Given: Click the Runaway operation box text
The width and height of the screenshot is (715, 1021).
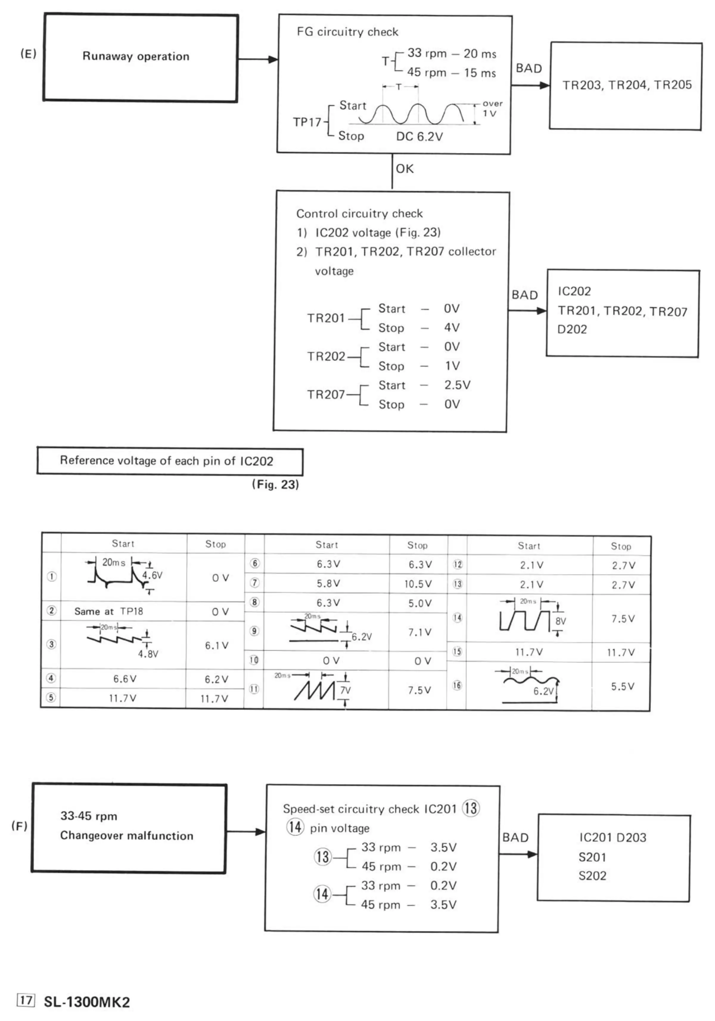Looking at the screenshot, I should (136, 56).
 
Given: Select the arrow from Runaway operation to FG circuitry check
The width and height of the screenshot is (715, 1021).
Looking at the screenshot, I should (258, 59).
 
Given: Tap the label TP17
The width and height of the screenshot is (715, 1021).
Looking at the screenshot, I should (307, 122).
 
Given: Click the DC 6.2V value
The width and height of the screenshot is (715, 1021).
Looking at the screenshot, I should (419, 137).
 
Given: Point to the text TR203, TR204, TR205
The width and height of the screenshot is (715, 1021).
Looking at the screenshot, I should (627, 85).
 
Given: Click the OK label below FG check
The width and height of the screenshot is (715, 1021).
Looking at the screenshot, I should (404, 169).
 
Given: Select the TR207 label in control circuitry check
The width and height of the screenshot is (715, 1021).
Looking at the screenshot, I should (326, 395).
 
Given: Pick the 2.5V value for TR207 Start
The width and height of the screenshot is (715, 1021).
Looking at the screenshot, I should (457, 385).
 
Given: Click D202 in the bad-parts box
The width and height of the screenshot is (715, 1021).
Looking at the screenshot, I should (572, 329).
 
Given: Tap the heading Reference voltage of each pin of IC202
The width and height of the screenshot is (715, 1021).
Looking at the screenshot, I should (167, 461).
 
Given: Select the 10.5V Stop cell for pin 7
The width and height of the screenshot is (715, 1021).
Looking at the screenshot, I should (418, 584).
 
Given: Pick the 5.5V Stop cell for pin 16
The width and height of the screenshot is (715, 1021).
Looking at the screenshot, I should (622, 686).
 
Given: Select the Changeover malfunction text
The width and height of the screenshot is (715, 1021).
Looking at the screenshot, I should (127, 836).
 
